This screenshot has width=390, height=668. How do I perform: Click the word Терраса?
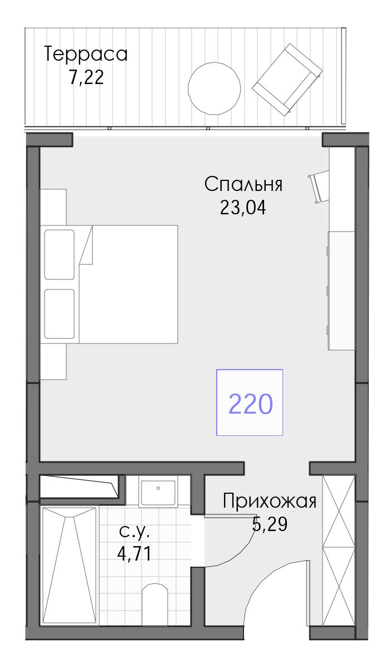[86, 55]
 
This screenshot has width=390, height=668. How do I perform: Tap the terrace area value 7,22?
[86, 77]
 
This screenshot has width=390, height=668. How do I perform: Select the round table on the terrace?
[214, 89]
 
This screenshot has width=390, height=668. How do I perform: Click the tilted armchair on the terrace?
[287, 80]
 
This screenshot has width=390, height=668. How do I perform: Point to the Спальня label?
[243, 184]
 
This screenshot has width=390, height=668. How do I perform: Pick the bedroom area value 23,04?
[243, 208]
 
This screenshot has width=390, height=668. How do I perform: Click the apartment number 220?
[251, 404]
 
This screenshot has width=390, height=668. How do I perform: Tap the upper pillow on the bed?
[60, 254]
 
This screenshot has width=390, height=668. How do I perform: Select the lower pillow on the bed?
[60, 314]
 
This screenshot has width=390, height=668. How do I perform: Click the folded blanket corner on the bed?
[86, 245]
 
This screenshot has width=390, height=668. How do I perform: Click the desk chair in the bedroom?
[319, 186]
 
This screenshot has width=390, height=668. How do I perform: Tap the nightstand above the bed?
[53, 207]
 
